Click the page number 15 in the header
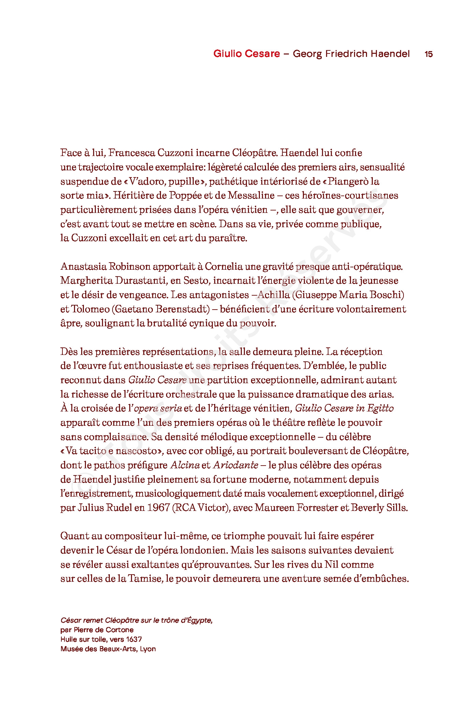click(428, 54)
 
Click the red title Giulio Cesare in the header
click(246, 54)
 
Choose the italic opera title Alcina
click(185, 465)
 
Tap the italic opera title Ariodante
click(236, 465)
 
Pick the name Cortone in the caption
click(120, 630)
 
